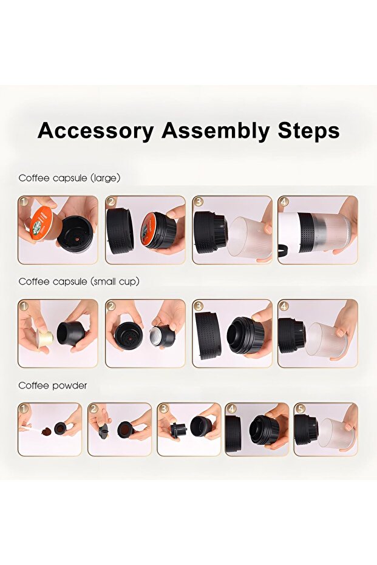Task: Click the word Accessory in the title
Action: click(96, 130)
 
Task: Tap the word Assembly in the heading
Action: click(216, 130)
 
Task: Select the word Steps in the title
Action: click(308, 130)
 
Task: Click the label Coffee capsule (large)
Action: click(69, 178)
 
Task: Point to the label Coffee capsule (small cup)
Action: click(79, 282)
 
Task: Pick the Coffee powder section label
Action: click(53, 385)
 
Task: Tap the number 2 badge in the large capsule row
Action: click(110, 201)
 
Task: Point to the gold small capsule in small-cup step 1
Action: click(44, 337)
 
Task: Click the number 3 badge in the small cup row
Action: click(198, 306)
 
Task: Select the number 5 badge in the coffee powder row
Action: click(300, 408)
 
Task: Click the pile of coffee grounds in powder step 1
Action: click(47, 431)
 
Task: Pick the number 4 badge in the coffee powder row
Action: click(231, 408)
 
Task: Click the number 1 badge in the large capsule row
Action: click(24, 201)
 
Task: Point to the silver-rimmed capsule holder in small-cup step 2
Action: click(162, 336)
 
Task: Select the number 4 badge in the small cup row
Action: click(284, 306)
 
